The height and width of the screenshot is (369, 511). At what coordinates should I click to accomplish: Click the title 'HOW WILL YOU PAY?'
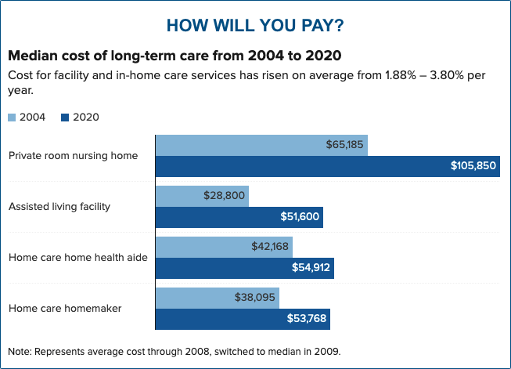[x=255, y=25]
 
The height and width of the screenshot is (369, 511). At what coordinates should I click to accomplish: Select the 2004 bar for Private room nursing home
[x=235, y=145]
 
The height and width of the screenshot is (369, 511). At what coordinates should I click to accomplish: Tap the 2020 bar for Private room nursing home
[x=297, y=166]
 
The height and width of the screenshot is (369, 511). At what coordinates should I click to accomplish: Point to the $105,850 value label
[x=472, y=166]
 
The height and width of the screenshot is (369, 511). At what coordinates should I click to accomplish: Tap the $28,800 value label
[x=224, y=196]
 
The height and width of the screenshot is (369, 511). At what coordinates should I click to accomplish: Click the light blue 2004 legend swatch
[x=12, y=118]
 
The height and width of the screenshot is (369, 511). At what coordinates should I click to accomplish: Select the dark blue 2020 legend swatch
[x=66, y=118]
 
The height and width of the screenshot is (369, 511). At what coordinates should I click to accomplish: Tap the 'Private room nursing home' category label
[x=73, y=155]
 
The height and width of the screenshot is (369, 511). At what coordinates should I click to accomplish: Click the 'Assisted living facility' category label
[x=59, y=206]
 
